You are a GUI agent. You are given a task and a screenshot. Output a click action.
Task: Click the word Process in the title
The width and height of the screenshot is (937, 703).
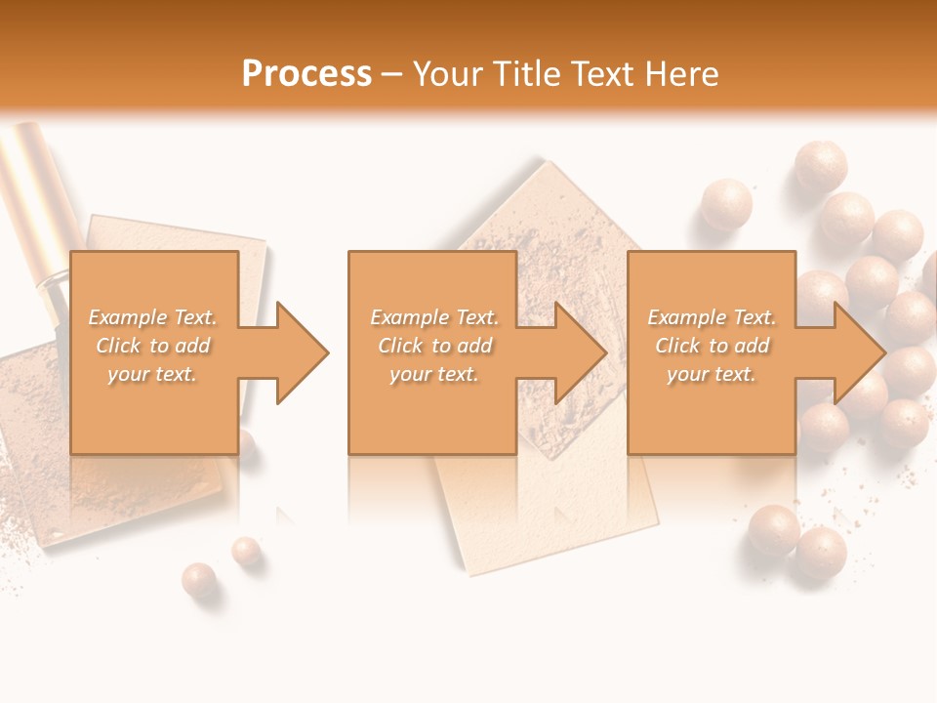pyautogui.click(x=306, y=74)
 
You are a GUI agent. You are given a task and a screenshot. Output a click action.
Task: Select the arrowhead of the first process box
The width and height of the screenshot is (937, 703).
pyautogui.click(x=301, y=352)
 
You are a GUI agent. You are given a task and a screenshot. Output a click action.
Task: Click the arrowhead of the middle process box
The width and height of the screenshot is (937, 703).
pyautogui.click(x=579, y=352)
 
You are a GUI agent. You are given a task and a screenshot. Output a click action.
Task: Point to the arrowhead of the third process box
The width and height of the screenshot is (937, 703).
pyautogui.click(x=857, y=352)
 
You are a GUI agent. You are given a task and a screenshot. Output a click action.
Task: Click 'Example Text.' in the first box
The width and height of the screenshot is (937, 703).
pyautogui.click(x=152, y=317)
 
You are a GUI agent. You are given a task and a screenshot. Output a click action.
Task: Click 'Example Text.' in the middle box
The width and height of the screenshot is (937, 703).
pyautogui.click(x=434, y=317)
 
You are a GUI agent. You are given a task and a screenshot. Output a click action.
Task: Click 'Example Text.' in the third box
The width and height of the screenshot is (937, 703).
pyautogui.click(x=712, y=317)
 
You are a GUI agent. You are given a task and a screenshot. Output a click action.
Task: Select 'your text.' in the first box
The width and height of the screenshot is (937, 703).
pyautogui.click(x=152, y=374)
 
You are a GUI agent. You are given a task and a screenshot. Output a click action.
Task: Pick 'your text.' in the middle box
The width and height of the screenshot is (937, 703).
pyautogui.click(x=434, y=374)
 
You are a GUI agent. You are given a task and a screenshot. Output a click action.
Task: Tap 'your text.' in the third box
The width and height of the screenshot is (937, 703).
pyautogui.click(x=712, y=374)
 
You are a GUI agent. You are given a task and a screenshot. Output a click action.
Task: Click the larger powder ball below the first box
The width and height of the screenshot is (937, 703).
pyautogui.click(x=200, y=580)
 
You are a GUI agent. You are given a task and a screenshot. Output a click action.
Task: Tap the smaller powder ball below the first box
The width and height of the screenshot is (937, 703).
pyautogui.click(x=246, y=552)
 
